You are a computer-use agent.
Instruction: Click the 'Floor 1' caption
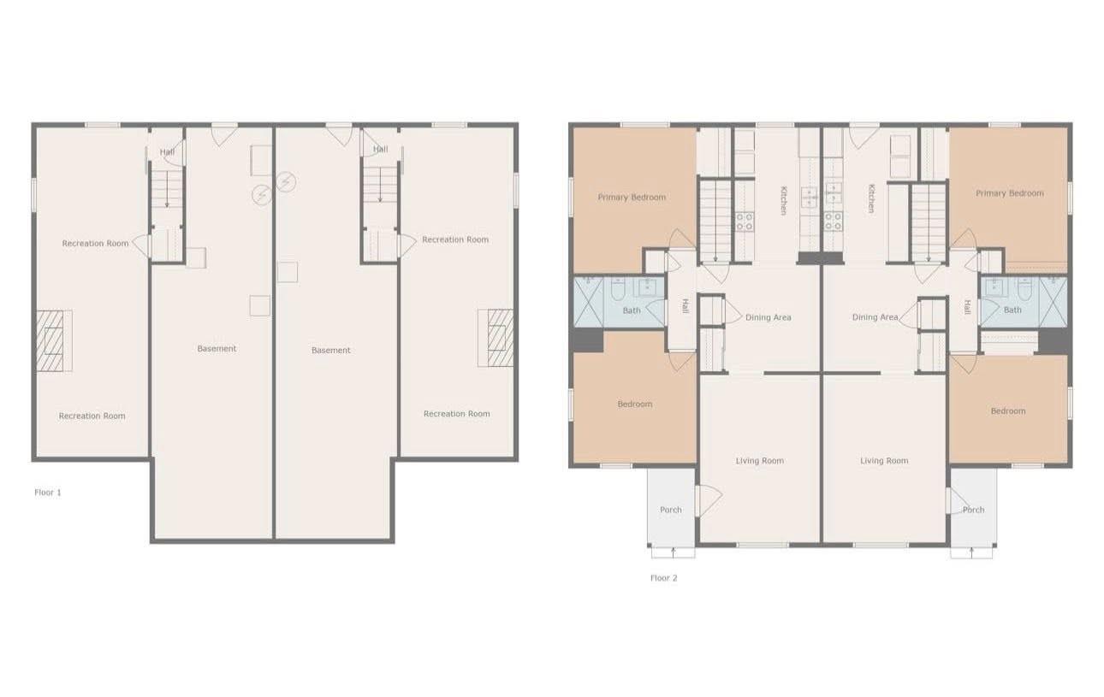(48, 493)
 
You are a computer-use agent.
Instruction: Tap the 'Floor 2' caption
(664, 578)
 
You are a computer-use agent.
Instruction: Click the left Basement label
(217, 349)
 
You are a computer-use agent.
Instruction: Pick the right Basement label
(330, 351)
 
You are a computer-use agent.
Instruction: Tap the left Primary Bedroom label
(632, 198)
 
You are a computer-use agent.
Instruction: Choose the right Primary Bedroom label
(1010, 193)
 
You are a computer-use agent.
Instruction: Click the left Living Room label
(759, 461)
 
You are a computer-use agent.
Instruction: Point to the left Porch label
(671, 510)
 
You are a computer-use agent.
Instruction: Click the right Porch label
(973, 510)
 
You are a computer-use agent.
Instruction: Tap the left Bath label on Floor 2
(632, 310)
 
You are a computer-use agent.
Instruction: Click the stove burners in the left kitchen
(745, 222)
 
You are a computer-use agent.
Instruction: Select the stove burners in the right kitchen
(834, 222)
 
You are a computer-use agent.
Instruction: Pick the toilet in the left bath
(618, 289)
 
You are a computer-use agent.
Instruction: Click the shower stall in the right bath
(1054, 301)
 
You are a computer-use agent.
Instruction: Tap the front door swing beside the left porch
(709, 500)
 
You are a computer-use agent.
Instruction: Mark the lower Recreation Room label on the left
(92, 416)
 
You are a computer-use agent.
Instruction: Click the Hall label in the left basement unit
(167, 152)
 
